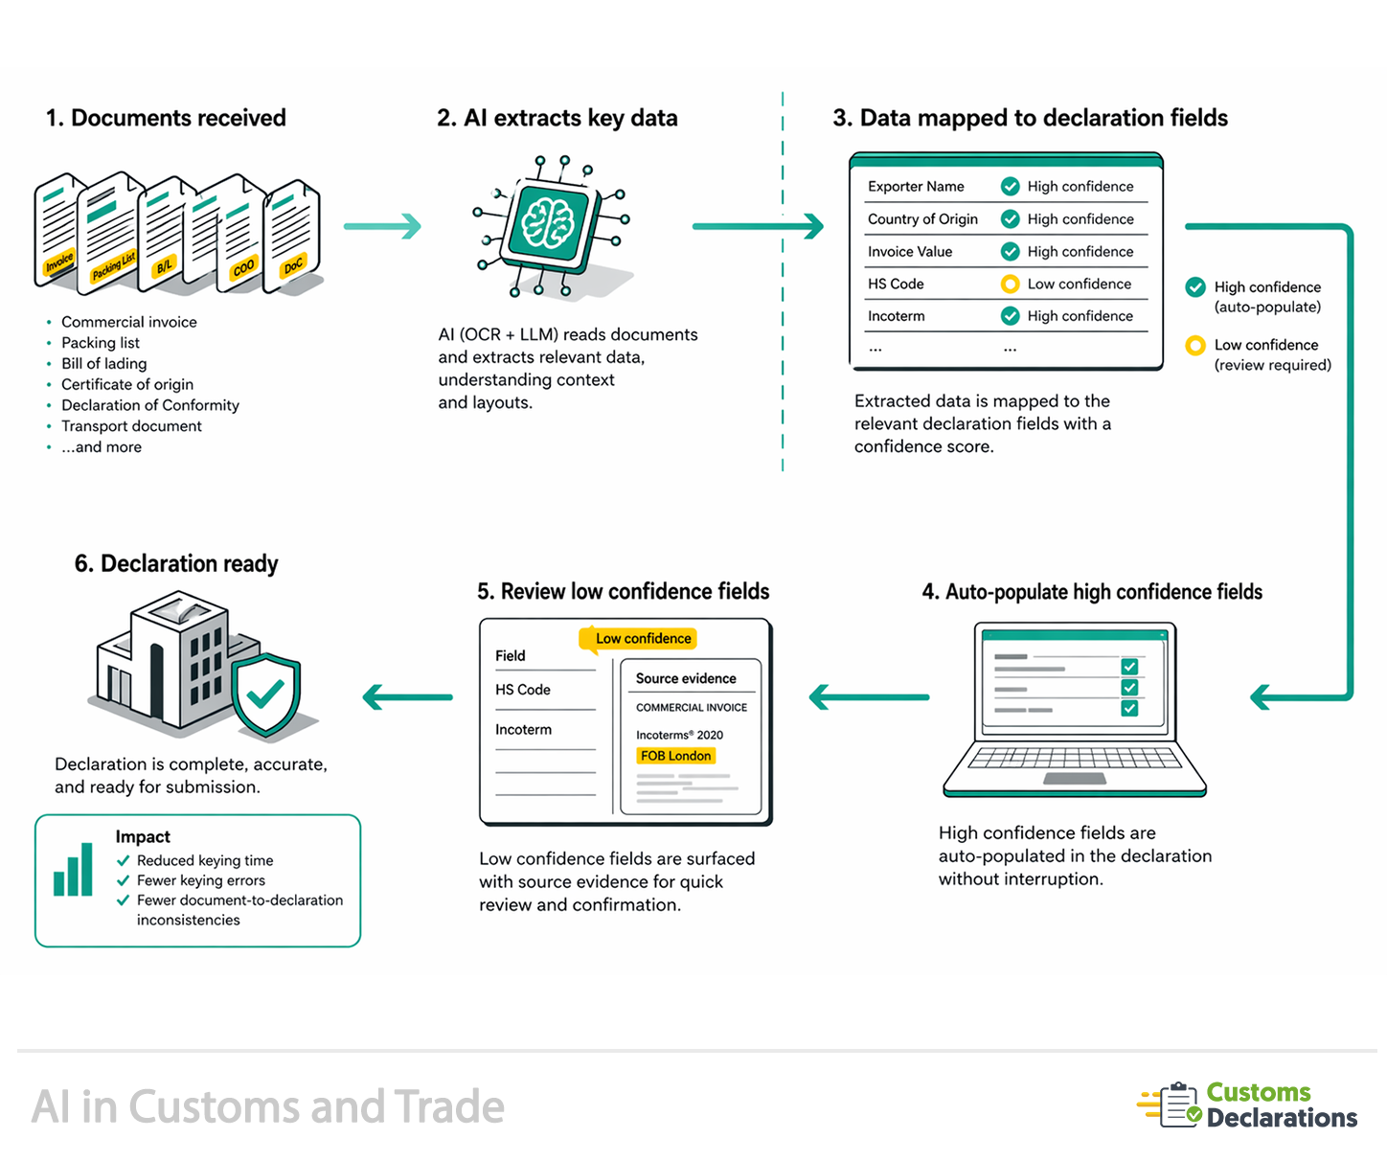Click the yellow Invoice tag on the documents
pyautogui.click(x=59, y=262)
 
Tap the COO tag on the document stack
pyautogui.click(x=244, y=266)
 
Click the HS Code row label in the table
pyautogui.click(x=896, y=284)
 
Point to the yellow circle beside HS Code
pyautogui.click(x=1010, y=284)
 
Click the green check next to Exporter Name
pyautogui.click(x=1010, y=186)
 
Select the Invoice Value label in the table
pyautogui.click(x=910, y=251)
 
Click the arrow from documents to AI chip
pyautogui.click(x=382, y=226)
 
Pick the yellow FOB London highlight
pyautogui.click(x=676, y=756)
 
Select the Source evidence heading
pyautogui.click(x=686, y=678)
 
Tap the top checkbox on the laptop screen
pyautogui.click(x=1129, y=666)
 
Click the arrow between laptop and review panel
pyautogui.click(x=869, y=696)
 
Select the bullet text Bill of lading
pyautogui.click(x=104, y=364)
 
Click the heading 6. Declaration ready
pyautogui.click(x=176, y=563)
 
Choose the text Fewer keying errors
pyautogui.click(x=201, y=880)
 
